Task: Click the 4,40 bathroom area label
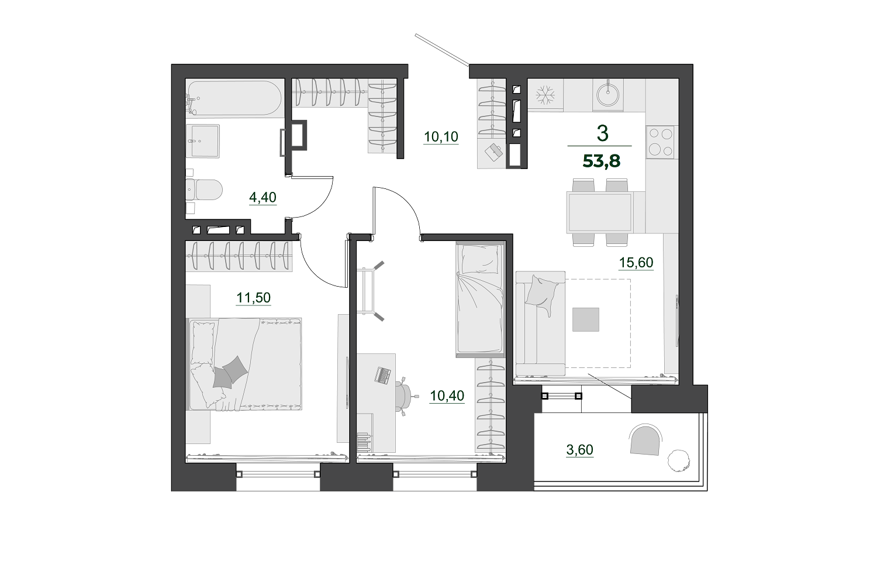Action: point(263,197)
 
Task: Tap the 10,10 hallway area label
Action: point(441,137)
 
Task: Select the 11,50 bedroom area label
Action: point(253,298)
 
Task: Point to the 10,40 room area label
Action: point(447,395)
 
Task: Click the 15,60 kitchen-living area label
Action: point(636,263)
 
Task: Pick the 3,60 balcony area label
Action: point(579,449)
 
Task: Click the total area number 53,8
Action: point(602,161)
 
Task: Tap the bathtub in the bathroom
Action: point(234,98)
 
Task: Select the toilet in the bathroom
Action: point(204,190)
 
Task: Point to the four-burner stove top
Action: point(661,142)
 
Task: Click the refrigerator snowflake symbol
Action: point(545,95)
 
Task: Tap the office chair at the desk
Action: point(405,394)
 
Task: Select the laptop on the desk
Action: point(382,376)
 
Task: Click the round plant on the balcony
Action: point(679,460)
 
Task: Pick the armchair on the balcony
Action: point(645,440)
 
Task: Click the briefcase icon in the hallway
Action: point(493,152)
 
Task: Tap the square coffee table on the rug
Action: point(586,319)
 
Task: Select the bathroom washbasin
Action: point(203,141)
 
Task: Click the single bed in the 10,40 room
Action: point(481,300)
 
